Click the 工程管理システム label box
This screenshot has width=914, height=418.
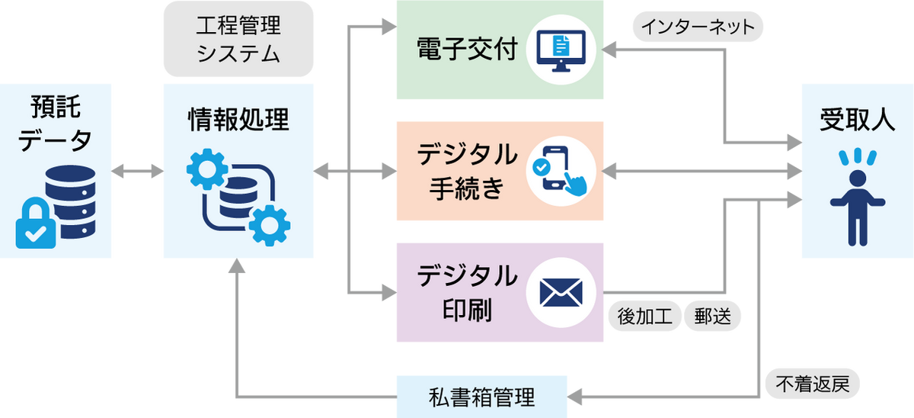click(x=238, y=40)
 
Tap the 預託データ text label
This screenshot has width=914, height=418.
click(x=55, y=122)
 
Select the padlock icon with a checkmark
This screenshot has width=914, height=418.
click(x=36, y=224)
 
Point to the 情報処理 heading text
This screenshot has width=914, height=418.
click(x=238, y=120)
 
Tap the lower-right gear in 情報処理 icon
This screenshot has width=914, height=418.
click(x=267, y=223)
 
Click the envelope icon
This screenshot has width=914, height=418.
click(x=562, y=292)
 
